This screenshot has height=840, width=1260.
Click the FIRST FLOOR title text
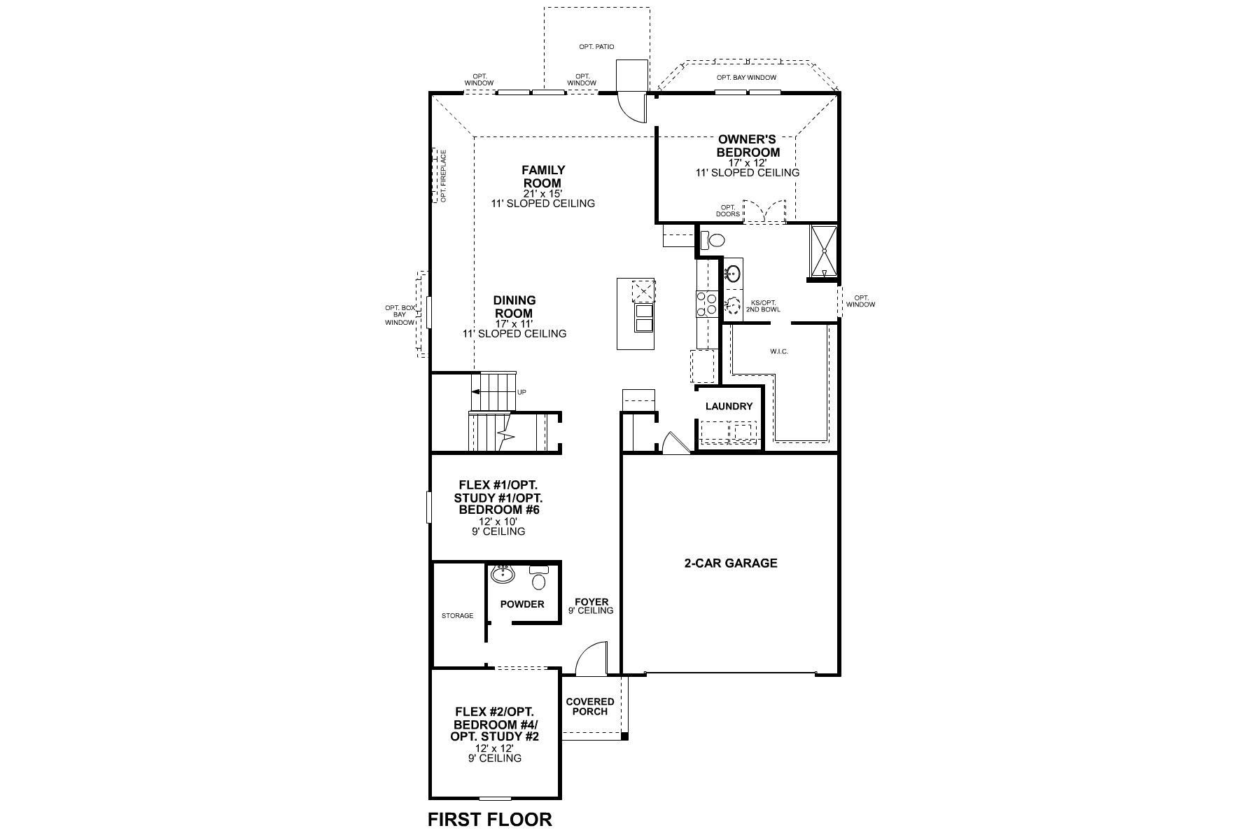pyautogui.click(x=490, y=819)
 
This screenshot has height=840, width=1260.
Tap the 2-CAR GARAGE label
pyautogui.click(x=731, y=563)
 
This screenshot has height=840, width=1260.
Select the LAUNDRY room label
pyautogui.click(x=729, y=406)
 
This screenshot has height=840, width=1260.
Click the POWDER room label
pyautogui.click(x=522, y=604)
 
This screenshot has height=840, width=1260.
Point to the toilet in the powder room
pyautogui.click(x=538, y=577)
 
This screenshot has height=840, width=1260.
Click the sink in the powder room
pyautogui.click(x=503, y=575)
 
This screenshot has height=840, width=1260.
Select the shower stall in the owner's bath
pyautogui.click(x=824, y=251)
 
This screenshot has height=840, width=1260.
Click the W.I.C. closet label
pyautogui.click(x=778, y=351)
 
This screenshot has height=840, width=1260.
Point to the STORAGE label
pyautogui.click(x=457, y=616)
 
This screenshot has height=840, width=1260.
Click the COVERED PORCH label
pyautogui.click(x=590, y=706)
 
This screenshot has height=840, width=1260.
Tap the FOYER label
pyautogui.click(x=591, y=602)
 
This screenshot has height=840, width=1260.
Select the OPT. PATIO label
pyautogui.click(x=596, y=47)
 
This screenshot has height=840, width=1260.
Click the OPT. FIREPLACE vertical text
pyautogui.click(x=443, y=175)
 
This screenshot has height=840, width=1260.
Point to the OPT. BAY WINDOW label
pyautogui.click(x=746, y=78)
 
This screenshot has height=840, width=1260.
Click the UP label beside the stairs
pyautogui.click(x=521, y=392)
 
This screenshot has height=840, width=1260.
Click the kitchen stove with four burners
pyautogui.click(x=706, y=302)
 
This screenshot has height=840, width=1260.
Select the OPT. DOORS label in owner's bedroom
pyautogui.click(x=728, y=211)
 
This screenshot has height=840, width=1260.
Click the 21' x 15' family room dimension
pyautogui.click(x=543, y=193)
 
